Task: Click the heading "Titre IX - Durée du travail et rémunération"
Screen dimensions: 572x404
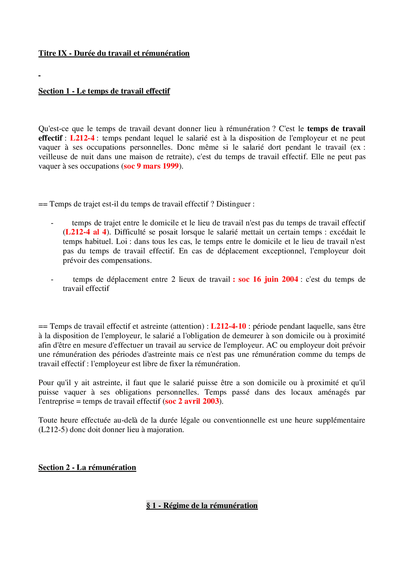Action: click(114, 53)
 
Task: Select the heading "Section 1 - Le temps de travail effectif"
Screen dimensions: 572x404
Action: click(104, 91)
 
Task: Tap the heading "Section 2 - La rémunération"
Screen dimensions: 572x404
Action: click(87, 468)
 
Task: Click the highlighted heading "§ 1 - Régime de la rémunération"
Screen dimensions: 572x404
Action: click(202, 506)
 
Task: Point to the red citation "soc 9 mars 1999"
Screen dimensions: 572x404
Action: click(151, 166)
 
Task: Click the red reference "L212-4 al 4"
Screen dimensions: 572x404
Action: click(86, 232)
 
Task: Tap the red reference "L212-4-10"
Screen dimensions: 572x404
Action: click(228, 326)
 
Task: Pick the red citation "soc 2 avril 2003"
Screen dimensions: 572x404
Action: click(192, 401)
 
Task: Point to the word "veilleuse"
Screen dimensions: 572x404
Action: click(53, 157)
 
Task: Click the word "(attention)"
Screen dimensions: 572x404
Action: click(187, 326)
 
